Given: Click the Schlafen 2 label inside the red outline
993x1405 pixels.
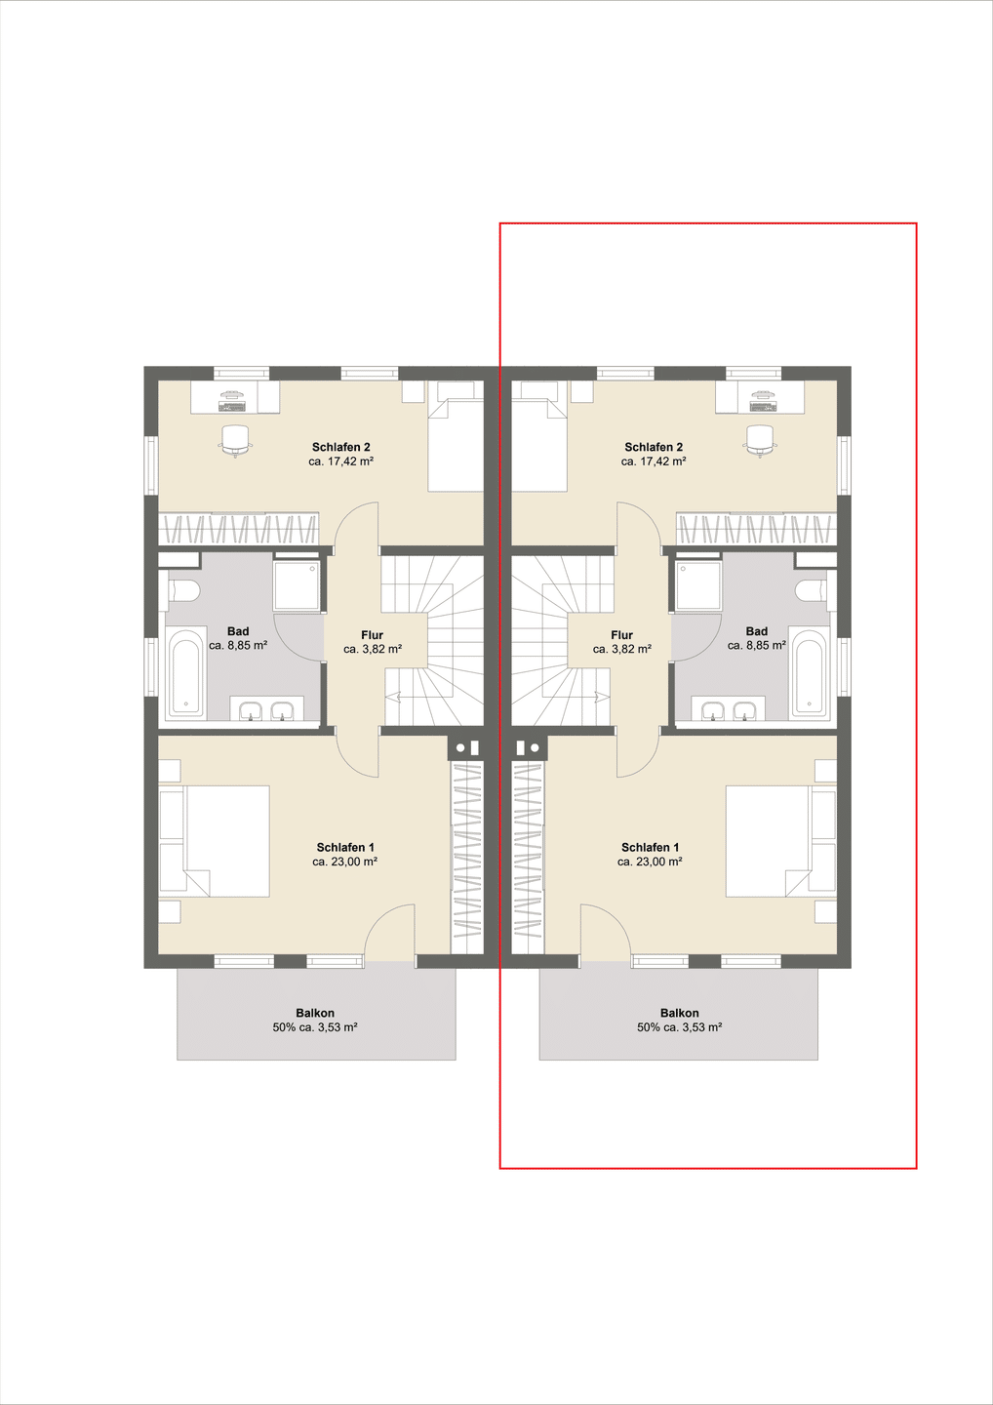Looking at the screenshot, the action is (654, 447).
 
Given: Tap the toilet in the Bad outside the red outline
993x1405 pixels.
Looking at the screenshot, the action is (183, 590).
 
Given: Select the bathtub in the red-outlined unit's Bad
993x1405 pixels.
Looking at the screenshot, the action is (809, 671).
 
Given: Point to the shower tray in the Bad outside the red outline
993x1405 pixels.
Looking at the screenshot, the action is (297, 585).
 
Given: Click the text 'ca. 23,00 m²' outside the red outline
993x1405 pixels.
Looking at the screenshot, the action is (344, 862).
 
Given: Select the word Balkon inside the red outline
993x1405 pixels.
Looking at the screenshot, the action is (680, 1013).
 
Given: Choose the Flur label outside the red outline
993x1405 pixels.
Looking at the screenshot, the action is (373, 635).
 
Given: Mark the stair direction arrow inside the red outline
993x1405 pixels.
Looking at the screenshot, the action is (601, 695).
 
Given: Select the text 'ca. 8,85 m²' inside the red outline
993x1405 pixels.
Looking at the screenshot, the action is (757, 646).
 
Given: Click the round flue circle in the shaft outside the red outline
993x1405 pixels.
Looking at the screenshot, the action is (460, 747).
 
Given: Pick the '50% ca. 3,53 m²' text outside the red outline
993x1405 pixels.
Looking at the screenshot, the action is (315, 1027).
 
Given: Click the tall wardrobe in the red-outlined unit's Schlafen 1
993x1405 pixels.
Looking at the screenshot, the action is (528, 858).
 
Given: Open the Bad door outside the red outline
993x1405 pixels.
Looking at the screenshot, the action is (298, 636).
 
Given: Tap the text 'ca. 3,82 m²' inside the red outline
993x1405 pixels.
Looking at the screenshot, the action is (622, 649).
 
